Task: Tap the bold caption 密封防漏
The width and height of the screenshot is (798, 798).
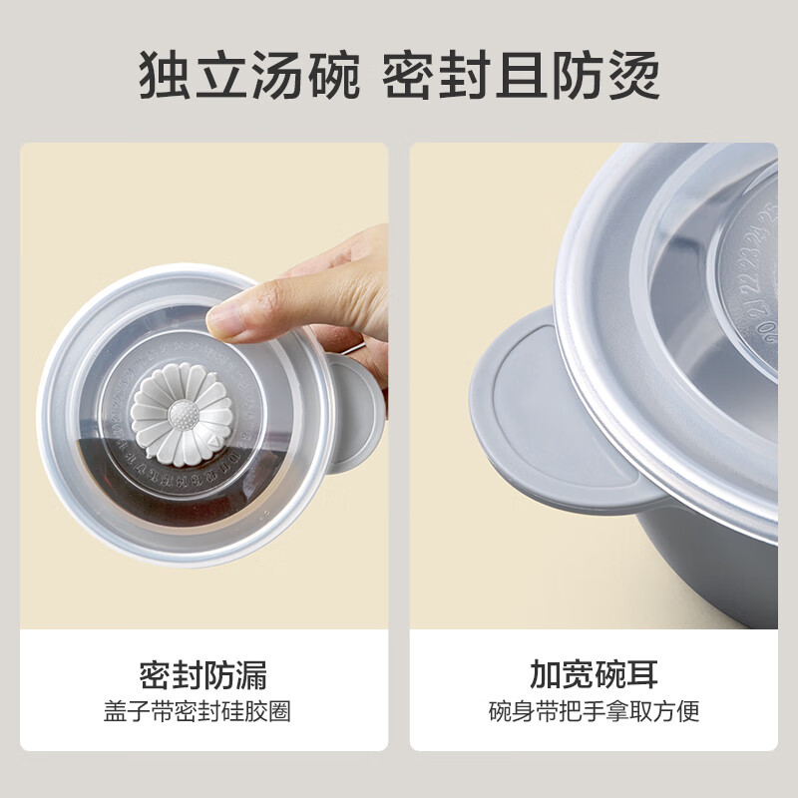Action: (203, 674)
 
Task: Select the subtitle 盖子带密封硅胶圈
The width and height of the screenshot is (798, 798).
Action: (203, 711)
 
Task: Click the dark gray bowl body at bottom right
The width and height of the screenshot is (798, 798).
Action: (718, 579)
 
